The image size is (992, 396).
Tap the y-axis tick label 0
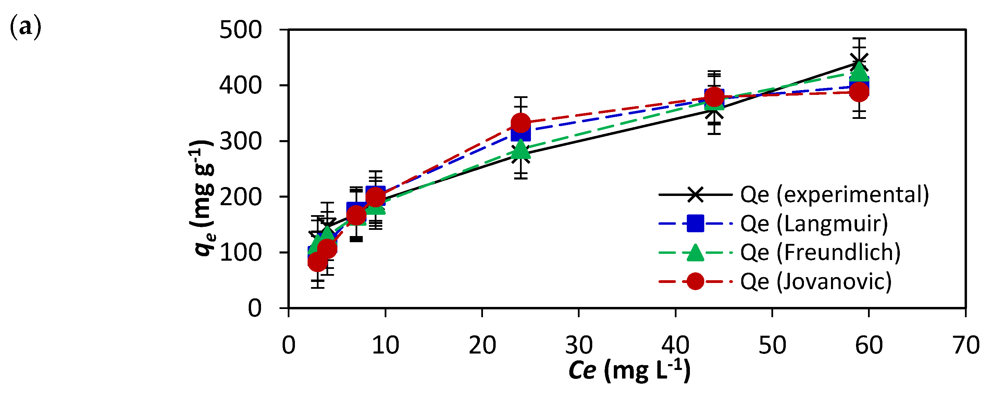(255, 309)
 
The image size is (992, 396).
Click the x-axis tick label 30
(579, 345)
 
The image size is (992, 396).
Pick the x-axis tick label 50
(772, 345)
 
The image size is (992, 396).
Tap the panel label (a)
(25, 28)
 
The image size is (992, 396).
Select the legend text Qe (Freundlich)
(820, 253)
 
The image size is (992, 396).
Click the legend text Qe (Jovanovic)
(816, 282)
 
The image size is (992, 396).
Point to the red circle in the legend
(695, 282)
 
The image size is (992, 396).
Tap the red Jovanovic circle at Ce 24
(521, 123)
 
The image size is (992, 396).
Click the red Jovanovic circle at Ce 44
(714, 96)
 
